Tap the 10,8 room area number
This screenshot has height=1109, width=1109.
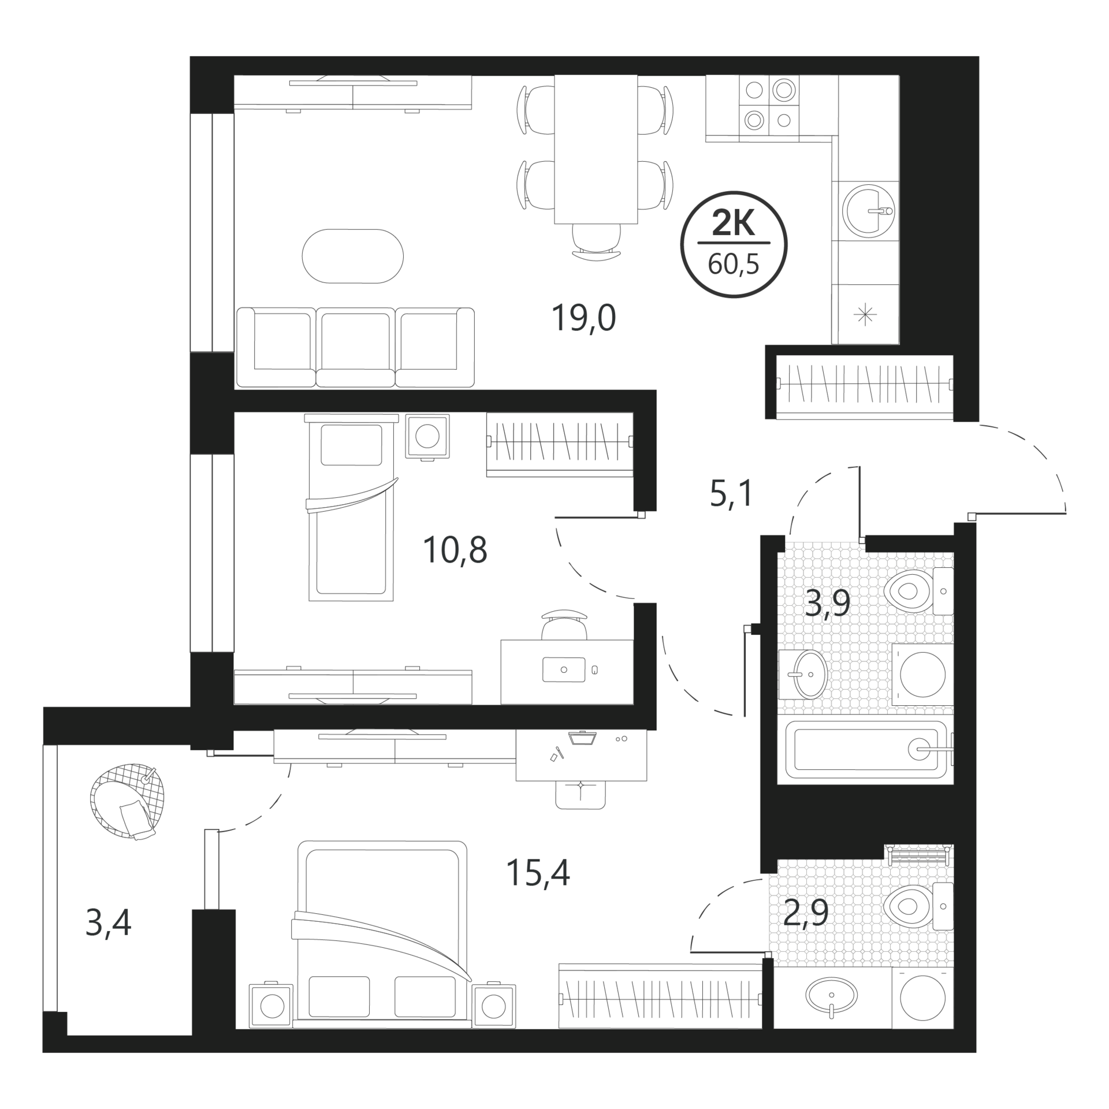click(x=455, y=550)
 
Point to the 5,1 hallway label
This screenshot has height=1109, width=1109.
click(x=731, y=494)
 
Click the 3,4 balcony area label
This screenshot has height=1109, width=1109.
click(x=109, y=922)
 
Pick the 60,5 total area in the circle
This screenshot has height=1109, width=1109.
click(x=734, y=265)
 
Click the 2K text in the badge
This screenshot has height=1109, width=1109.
click(x=734, y=223)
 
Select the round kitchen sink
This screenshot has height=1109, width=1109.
click(x=868, y=210)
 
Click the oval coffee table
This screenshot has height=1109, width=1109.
click(x=353, y=256)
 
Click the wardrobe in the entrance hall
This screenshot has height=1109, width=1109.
click(x=865, y=385)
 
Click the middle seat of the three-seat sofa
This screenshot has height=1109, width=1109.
click(x=355, y=347)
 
